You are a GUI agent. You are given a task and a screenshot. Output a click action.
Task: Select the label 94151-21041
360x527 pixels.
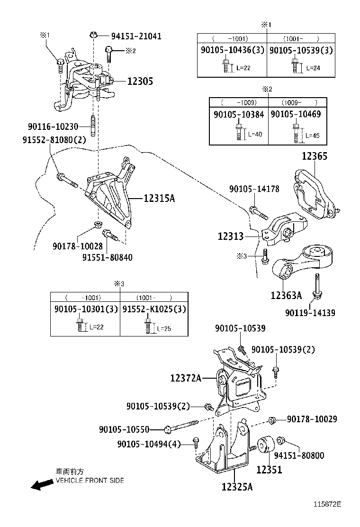pyautogui.click(x=136, y=36)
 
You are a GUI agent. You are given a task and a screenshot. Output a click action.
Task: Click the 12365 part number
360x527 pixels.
pyautogui.click(x=315, y=156)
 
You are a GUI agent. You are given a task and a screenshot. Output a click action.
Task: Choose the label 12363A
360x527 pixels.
pyautogui.click(x=286, y=296)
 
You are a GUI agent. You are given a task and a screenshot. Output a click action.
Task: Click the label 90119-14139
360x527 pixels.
pyautogui.click(x=310, y=313)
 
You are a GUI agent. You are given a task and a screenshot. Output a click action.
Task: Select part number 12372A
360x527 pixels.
pyautogui.click(x=186, y=378)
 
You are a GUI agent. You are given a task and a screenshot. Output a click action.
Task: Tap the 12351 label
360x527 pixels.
pyautogui.click(x=269, y=470)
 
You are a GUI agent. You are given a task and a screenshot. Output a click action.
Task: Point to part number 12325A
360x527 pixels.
pyautogui.click(x=237, y=487)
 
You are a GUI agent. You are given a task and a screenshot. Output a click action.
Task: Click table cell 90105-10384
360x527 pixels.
pyautogui.click(x=239, y=114)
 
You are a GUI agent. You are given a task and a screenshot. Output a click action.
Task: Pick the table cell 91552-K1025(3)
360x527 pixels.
pyautogui.click(x=154, y=309)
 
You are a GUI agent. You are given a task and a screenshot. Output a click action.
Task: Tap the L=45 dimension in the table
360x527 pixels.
pyautogui.click(x=312, y=136)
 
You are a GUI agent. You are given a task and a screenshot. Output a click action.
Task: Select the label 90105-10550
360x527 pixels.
pyautogui.click(x=124, y=429)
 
